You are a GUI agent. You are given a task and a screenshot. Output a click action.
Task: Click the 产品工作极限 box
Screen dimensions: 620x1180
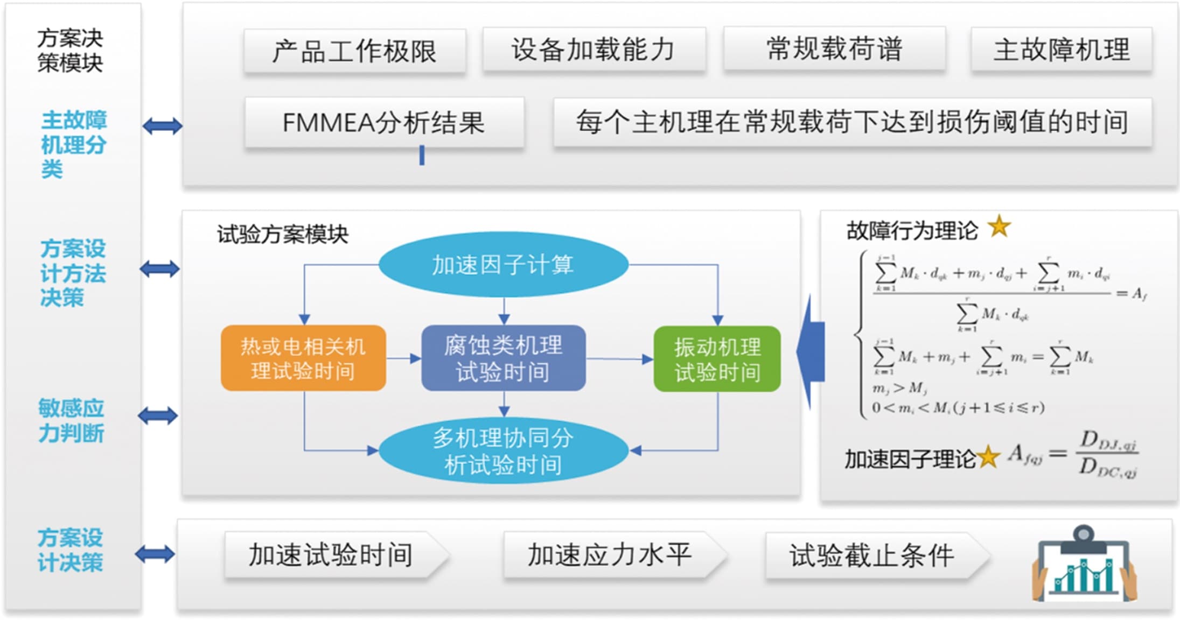click(x=354, y=51)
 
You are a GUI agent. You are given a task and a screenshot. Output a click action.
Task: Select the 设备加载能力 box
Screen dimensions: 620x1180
click(x=594, y=50)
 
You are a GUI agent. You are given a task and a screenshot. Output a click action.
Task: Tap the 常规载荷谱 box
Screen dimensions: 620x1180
click(x=834, y=49)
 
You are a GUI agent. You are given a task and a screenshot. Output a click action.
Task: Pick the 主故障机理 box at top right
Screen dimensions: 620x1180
click(x=1061, y=50)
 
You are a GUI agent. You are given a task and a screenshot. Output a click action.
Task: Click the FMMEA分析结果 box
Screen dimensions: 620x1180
click(x=384, y=122)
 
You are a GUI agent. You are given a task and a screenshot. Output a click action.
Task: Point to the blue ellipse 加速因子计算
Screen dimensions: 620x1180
click(x=503, y=265)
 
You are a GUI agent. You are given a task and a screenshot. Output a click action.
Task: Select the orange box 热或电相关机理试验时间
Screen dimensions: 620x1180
click(x=303, y=358)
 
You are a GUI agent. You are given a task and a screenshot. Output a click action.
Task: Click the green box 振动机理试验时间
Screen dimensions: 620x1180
click(x=717, y=359)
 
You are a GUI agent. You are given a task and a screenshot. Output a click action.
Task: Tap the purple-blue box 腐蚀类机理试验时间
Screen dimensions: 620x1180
click(x=503, y=358)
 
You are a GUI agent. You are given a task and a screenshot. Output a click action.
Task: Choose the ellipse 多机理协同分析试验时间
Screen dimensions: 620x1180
click(x=503, y=451)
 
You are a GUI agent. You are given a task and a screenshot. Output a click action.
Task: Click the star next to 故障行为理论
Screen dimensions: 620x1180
click(x=999, y=227)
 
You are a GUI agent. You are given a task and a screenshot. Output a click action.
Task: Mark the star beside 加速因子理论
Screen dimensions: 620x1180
click(x=988, y=458)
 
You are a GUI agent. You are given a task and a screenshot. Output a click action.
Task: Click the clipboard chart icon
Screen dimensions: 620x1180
click(x=1084, y=565)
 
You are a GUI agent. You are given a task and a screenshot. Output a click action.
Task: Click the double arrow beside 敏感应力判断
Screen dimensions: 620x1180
click(x=158, y=415)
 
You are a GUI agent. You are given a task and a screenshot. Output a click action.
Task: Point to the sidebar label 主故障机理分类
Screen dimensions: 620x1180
click(x=73, y=144)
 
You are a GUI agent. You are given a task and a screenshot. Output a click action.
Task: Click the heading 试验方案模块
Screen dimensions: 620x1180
click(x=283, y=234)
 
